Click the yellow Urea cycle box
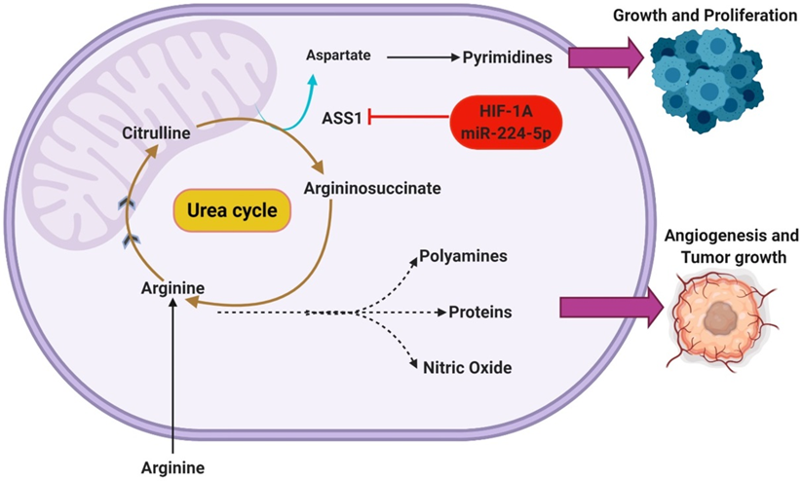(232, 210)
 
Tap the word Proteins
(480, 314)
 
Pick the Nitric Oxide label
(467, 367)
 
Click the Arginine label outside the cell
(172, 465)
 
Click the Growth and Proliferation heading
(699, 16)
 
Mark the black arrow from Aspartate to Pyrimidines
(423, 57)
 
